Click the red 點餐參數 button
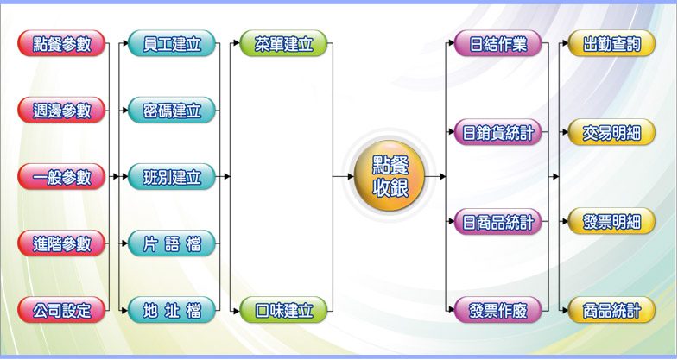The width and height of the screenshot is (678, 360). (x=61, y=44)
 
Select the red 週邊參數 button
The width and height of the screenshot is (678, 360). (x=61, y=111)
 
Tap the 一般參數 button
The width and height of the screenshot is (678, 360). (x=61, y=177)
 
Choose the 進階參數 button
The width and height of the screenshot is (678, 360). (x=61, y=243)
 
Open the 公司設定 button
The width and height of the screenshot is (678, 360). (x=61, y=309)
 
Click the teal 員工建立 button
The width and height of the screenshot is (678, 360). (x=172, y=44)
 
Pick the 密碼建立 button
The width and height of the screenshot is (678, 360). (x=172, y=111)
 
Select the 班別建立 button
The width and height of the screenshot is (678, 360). (x=172, y=177)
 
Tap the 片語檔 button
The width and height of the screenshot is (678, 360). (x=172, y=243)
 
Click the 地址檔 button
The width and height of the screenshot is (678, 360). (x=172, y=309)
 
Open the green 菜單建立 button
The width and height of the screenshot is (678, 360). (x=283, y=44)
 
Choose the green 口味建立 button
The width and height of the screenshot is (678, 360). (x=283, y=309)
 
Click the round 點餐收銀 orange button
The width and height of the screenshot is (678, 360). (x=390, y=176)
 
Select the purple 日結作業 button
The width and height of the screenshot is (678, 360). (x=498, y=44)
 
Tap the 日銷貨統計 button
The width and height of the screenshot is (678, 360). (x=498, y=133)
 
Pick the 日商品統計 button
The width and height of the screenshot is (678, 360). (x=498, y=222)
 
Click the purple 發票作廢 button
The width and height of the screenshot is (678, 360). (x=498, y=309)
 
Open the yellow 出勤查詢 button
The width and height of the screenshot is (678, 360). (x=611, y=44)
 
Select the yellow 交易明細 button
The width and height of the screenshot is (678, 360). (x=611, y=133)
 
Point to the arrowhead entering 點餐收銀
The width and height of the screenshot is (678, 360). (x=350, y=176)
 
